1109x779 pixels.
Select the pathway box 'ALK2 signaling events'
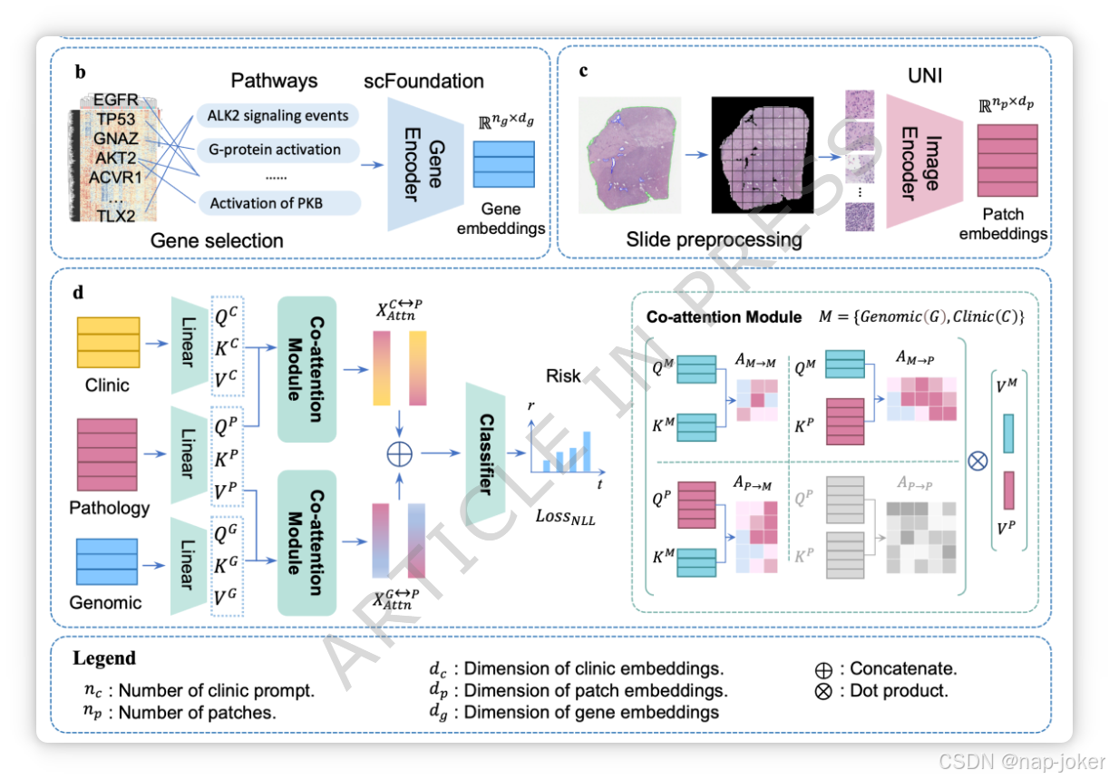pos(277,116)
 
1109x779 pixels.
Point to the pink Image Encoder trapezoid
pos(916,162)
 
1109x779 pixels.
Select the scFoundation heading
pos(423,81)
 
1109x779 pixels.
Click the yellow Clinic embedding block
pos(108,342)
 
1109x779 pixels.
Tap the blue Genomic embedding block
pos(107,563)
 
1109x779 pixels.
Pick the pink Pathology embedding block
pos(108,453)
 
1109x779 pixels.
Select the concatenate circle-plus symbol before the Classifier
pos(399,453)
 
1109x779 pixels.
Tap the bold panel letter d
pos(81,293)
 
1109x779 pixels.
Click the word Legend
pos(104,658)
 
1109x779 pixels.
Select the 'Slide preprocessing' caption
pos(714,240)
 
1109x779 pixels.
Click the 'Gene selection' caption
pos(217,240)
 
